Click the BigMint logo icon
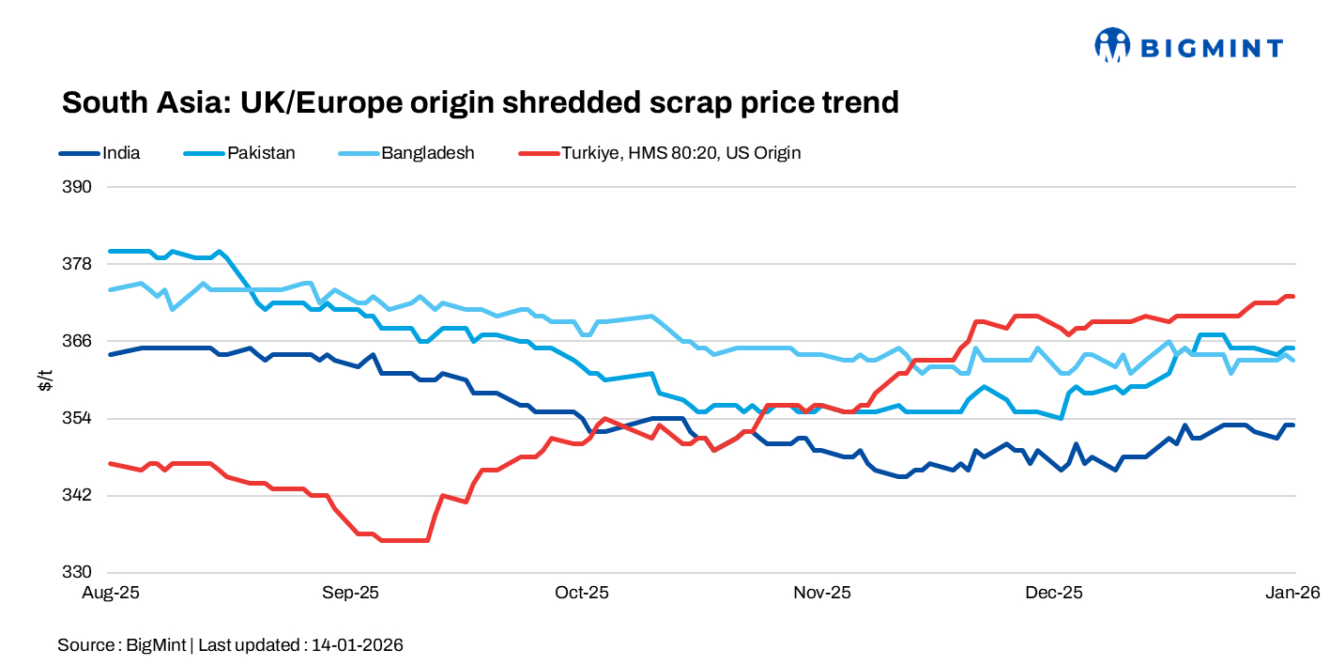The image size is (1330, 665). [1111, 45]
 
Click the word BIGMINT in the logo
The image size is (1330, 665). [1211, 46]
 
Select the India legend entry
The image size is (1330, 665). [121, 152]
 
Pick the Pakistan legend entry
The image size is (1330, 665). [261, 152]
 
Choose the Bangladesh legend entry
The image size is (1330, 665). [427, 152]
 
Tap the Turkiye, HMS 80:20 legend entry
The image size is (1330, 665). [680, 152]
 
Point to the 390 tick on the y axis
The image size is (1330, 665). [79, 187]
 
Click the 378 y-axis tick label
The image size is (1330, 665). [79, 264]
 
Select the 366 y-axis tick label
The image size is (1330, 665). [79, 341]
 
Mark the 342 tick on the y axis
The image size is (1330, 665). [79, 495]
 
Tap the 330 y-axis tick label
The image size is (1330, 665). [79, 572]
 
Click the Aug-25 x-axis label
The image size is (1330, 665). [112, 593]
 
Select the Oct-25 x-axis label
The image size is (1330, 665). [582, 593]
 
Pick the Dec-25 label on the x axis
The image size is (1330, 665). [1053, 593]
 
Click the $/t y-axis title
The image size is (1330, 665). [45, 379]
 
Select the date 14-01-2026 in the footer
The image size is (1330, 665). [358, 645]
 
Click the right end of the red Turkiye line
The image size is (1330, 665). [1293, 297]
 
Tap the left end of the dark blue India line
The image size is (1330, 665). [111, 354]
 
